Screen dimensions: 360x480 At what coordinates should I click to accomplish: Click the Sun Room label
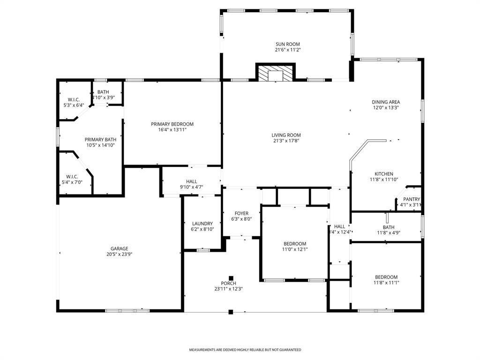[287, 45]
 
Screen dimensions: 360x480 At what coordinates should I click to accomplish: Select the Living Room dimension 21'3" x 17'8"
[286, 141]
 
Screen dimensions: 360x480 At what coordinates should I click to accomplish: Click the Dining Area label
[386, 102]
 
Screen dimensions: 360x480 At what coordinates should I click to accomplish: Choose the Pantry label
[411, 199]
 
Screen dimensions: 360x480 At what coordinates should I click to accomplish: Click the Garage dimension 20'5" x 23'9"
[119, 255]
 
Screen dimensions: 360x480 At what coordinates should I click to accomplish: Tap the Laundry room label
[202, 224]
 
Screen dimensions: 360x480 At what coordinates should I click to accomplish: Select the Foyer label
[241, 213]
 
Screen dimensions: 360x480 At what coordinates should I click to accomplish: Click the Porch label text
[228, 283]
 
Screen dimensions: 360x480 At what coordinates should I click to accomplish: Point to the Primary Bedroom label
[172, 124]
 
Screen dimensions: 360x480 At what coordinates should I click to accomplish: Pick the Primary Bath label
[100, 140]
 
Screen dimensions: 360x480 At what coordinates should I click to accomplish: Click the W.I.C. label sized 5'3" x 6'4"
[74, 100]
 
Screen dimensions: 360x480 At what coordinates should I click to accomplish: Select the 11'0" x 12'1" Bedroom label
[295, 244]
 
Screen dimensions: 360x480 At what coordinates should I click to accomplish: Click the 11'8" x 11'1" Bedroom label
[386, 277]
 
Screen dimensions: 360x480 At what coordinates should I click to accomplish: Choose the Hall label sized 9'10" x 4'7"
[191, 181]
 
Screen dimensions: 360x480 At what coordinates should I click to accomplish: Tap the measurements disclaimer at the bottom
[245, 350]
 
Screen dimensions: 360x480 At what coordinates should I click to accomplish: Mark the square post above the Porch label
[231, 277]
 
